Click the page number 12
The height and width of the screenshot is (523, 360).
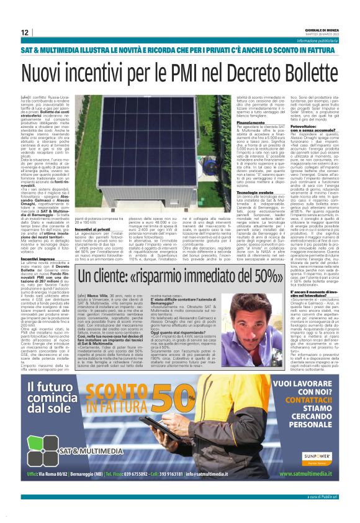(x=25, y=32)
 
